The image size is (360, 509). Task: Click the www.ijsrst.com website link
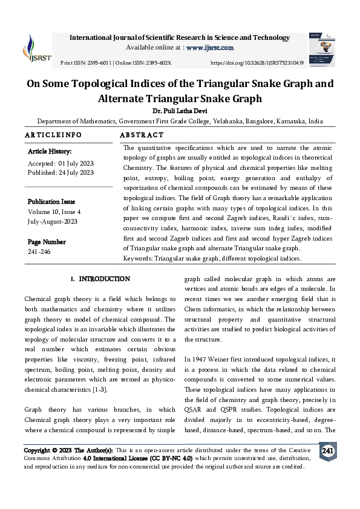(209, 47)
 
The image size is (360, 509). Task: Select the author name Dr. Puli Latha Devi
(180, 111)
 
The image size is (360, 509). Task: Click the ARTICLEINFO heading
(53, 134)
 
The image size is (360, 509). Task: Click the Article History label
(50, 151)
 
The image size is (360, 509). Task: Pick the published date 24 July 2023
(76, 172)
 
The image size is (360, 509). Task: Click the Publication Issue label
(52, 201)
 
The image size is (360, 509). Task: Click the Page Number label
(47, 241)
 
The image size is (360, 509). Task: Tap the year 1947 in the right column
(204, 359)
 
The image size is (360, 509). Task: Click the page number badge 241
(327, 452)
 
